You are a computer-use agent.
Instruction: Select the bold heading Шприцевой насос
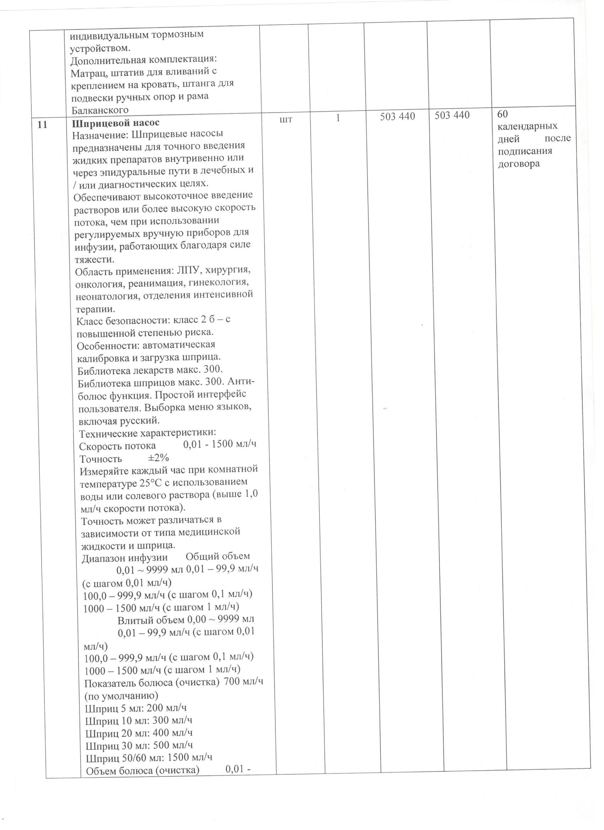(116, 123)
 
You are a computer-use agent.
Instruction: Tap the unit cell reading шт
(286, 119)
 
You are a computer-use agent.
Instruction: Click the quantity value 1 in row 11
(339, 118)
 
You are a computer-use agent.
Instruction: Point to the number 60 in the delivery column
(502, 114)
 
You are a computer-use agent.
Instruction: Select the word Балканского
(99, 110)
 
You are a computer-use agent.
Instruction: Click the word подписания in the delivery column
(524, 151)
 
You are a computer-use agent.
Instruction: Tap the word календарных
(527, 126)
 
